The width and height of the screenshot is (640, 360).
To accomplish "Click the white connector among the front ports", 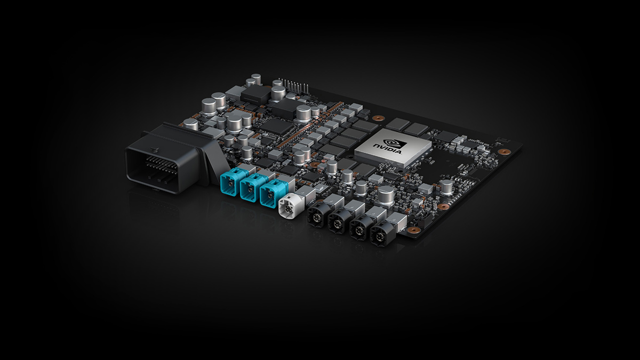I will pyautogui.click(x=290, y=205).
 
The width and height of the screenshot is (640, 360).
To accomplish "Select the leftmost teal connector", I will pyautogui.click(x=230, y=183).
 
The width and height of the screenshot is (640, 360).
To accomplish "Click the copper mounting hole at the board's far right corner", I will pyautogui.click(x=501, y=151).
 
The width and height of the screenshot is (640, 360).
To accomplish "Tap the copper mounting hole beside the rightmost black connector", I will pyautogui.click(x=413, y=230).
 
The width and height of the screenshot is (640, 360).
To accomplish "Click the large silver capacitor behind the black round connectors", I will pyautogui.click(x=385, y=194).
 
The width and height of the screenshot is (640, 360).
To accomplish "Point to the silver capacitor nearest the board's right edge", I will pyautogui.click(x=446, y=186).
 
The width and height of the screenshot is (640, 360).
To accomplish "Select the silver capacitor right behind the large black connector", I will pyautogui.click(x=190, y=124).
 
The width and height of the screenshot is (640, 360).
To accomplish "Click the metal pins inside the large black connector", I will pyautogui.click(x=155, y=162).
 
